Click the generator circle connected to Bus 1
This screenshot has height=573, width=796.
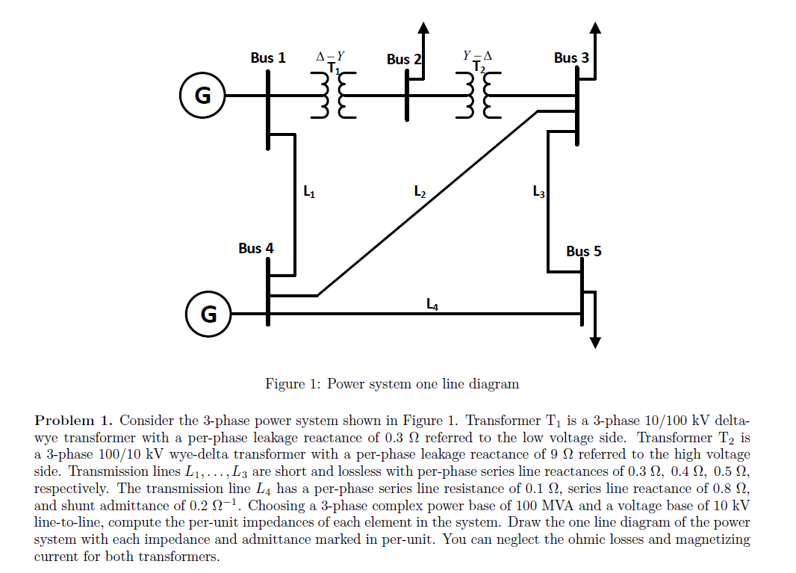(202, 96)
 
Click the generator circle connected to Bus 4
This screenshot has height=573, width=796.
(208, 315)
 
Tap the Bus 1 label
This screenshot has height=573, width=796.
(267, 58)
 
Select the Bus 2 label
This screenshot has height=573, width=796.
(404, 59)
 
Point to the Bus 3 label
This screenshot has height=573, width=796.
(571, 58)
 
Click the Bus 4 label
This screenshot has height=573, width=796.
(255, 247)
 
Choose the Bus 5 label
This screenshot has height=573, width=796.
(583, 251)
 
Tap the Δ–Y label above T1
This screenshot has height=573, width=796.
(330, 55)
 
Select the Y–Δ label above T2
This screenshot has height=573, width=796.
(477, 55)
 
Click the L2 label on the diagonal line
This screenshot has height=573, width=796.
(420, 191)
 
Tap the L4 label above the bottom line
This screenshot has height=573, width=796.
(432, 304)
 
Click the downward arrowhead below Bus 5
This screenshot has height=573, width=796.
(594, 342)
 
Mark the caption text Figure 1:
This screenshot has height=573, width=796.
(294, 384)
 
